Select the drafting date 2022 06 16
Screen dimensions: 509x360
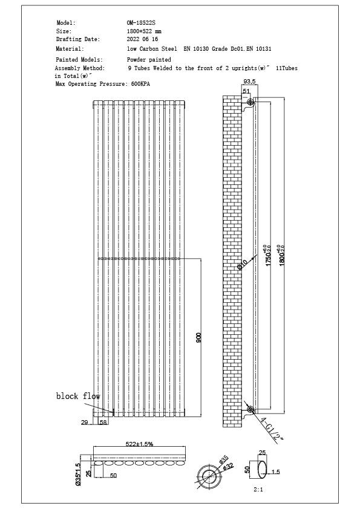142,39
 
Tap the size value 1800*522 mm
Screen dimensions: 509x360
144,31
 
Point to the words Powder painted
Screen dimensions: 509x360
149,60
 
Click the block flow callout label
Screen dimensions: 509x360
78,397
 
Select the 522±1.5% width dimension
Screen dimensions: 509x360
139,444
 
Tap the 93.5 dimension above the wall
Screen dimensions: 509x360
249,82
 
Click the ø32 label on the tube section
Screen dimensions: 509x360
229,466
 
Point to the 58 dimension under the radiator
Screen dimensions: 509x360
103,422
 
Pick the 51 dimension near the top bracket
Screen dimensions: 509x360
246,91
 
